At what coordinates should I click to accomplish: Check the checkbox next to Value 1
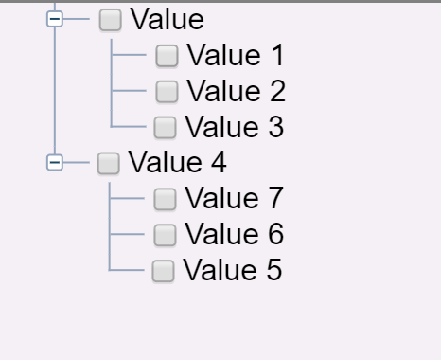(x=167, y=56)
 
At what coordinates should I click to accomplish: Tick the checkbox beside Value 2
(x=167, y=91)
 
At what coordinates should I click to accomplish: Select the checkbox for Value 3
(x=165, y=126)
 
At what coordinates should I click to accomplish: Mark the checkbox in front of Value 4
(x=109, y=163)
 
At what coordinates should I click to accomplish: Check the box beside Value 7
(x=165, y=199)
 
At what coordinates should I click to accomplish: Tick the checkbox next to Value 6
(x=165, y=234)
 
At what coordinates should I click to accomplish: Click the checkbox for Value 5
(x=164, y=271)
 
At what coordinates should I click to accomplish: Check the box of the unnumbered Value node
(x=111, y=19)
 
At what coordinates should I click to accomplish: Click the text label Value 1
(x=235, y=56)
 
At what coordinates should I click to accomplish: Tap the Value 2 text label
(x=236, y=91)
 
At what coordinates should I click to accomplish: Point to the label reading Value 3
(x=235, y=126)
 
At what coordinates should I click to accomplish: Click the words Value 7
(x=234, y=199)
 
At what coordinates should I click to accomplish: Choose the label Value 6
(x=234, y=234)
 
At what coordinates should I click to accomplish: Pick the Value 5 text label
(x=232, y=271)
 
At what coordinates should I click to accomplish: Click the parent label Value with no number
(x=167, y=19)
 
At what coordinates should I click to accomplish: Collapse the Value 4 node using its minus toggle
(x=55, y=163)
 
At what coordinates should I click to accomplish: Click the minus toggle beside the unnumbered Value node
(x=55, y=19)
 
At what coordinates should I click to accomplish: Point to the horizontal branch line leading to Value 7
(x=130, y=199)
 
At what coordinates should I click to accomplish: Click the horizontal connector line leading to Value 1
(x=130, y=56)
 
